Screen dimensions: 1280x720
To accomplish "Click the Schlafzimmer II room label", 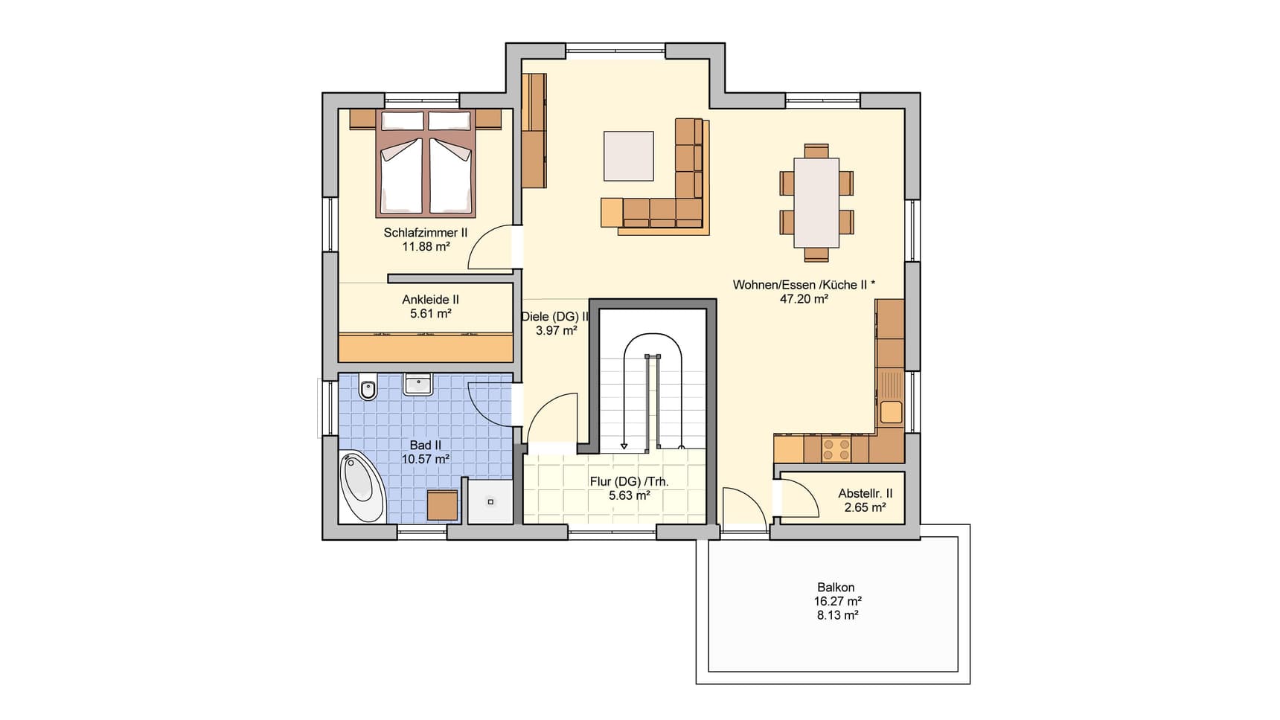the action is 426,233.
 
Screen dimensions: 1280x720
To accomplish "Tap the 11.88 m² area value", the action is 426,246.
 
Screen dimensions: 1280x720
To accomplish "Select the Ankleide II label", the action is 430,300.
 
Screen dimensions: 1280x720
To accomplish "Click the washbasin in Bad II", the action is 418,384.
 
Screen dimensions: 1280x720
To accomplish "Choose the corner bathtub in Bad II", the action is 362,486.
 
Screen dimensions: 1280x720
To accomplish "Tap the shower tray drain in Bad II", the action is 490,501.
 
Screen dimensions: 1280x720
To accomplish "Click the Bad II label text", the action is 426,446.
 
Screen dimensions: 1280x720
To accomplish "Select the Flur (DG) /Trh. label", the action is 630,482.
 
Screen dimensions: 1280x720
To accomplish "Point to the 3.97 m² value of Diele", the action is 557,330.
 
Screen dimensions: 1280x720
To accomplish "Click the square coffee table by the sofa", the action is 629,155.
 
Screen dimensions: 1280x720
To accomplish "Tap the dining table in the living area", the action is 816,202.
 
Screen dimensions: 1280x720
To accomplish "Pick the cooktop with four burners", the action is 836,449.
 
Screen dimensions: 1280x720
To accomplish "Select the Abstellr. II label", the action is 865,493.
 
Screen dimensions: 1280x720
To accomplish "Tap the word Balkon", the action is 836,588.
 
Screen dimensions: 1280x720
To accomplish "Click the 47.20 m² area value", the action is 804,299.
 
